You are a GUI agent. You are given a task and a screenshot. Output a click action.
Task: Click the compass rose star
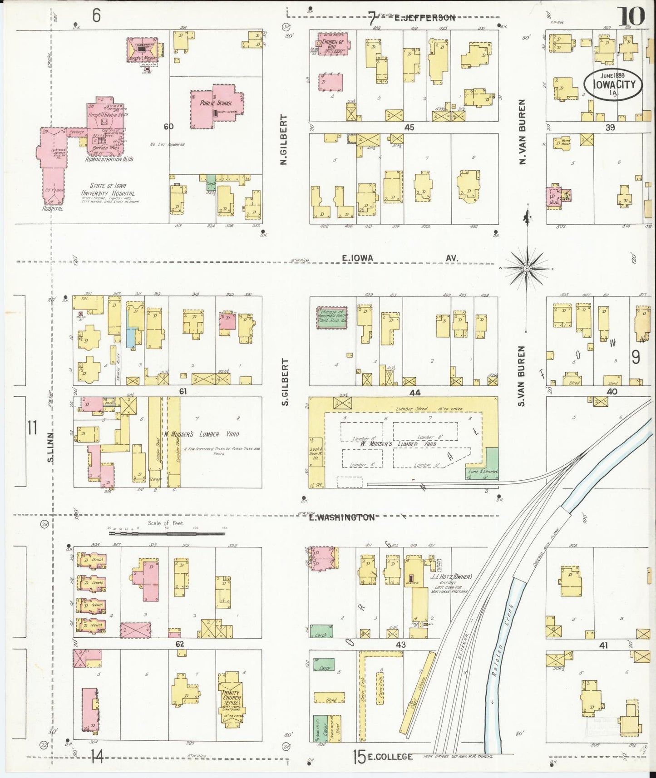tap(527, 269)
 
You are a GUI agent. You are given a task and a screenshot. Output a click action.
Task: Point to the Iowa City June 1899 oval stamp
tap(613, 84)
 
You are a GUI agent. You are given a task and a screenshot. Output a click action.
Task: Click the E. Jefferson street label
tap(424, 18)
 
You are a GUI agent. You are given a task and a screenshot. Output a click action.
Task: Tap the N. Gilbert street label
tap(284, 139)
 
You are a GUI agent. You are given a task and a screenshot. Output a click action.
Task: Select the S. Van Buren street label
tap(522, 376)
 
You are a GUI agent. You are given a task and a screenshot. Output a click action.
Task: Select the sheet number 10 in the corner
tap(631, 17)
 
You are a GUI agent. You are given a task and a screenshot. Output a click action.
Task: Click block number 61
tap(182, 391)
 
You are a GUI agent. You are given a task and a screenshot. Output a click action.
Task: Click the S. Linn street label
tap(51, 447)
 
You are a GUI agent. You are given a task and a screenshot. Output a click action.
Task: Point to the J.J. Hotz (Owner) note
tap(451, 577)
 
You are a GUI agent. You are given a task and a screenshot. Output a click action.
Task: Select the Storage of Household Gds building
tap(331, 317)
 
